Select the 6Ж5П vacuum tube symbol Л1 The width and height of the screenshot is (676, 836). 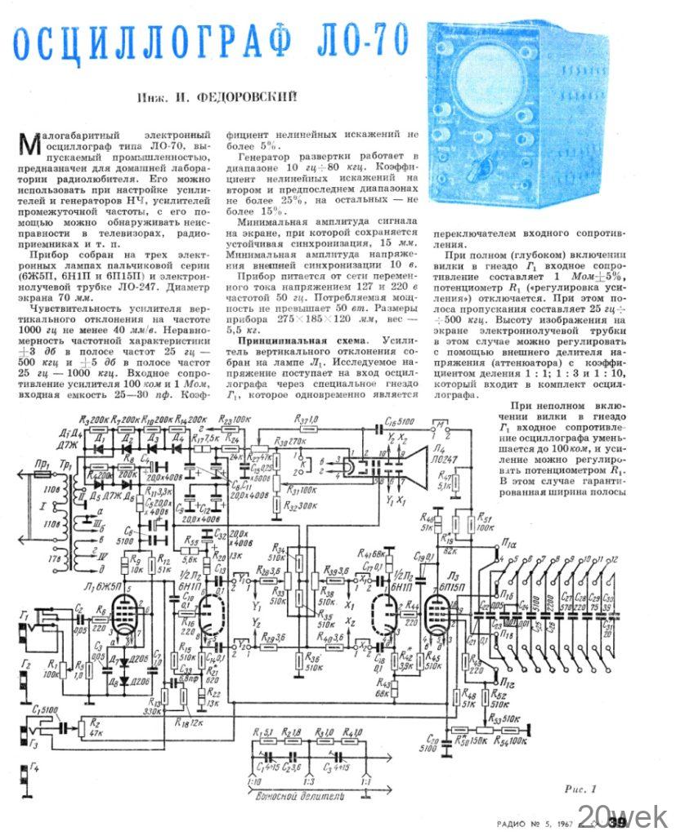[123, 608]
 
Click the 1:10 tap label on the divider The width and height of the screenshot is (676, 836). [249, 782]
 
